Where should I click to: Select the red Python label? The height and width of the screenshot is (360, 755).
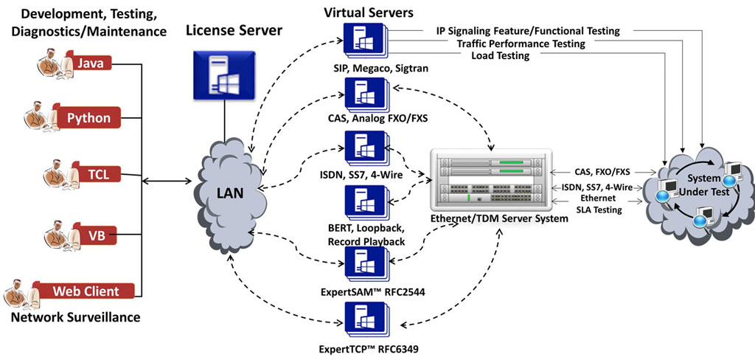pos(88,117)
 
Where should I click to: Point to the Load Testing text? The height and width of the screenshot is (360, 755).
pos(501,55)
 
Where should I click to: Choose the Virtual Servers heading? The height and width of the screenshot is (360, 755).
pos(369,12)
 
